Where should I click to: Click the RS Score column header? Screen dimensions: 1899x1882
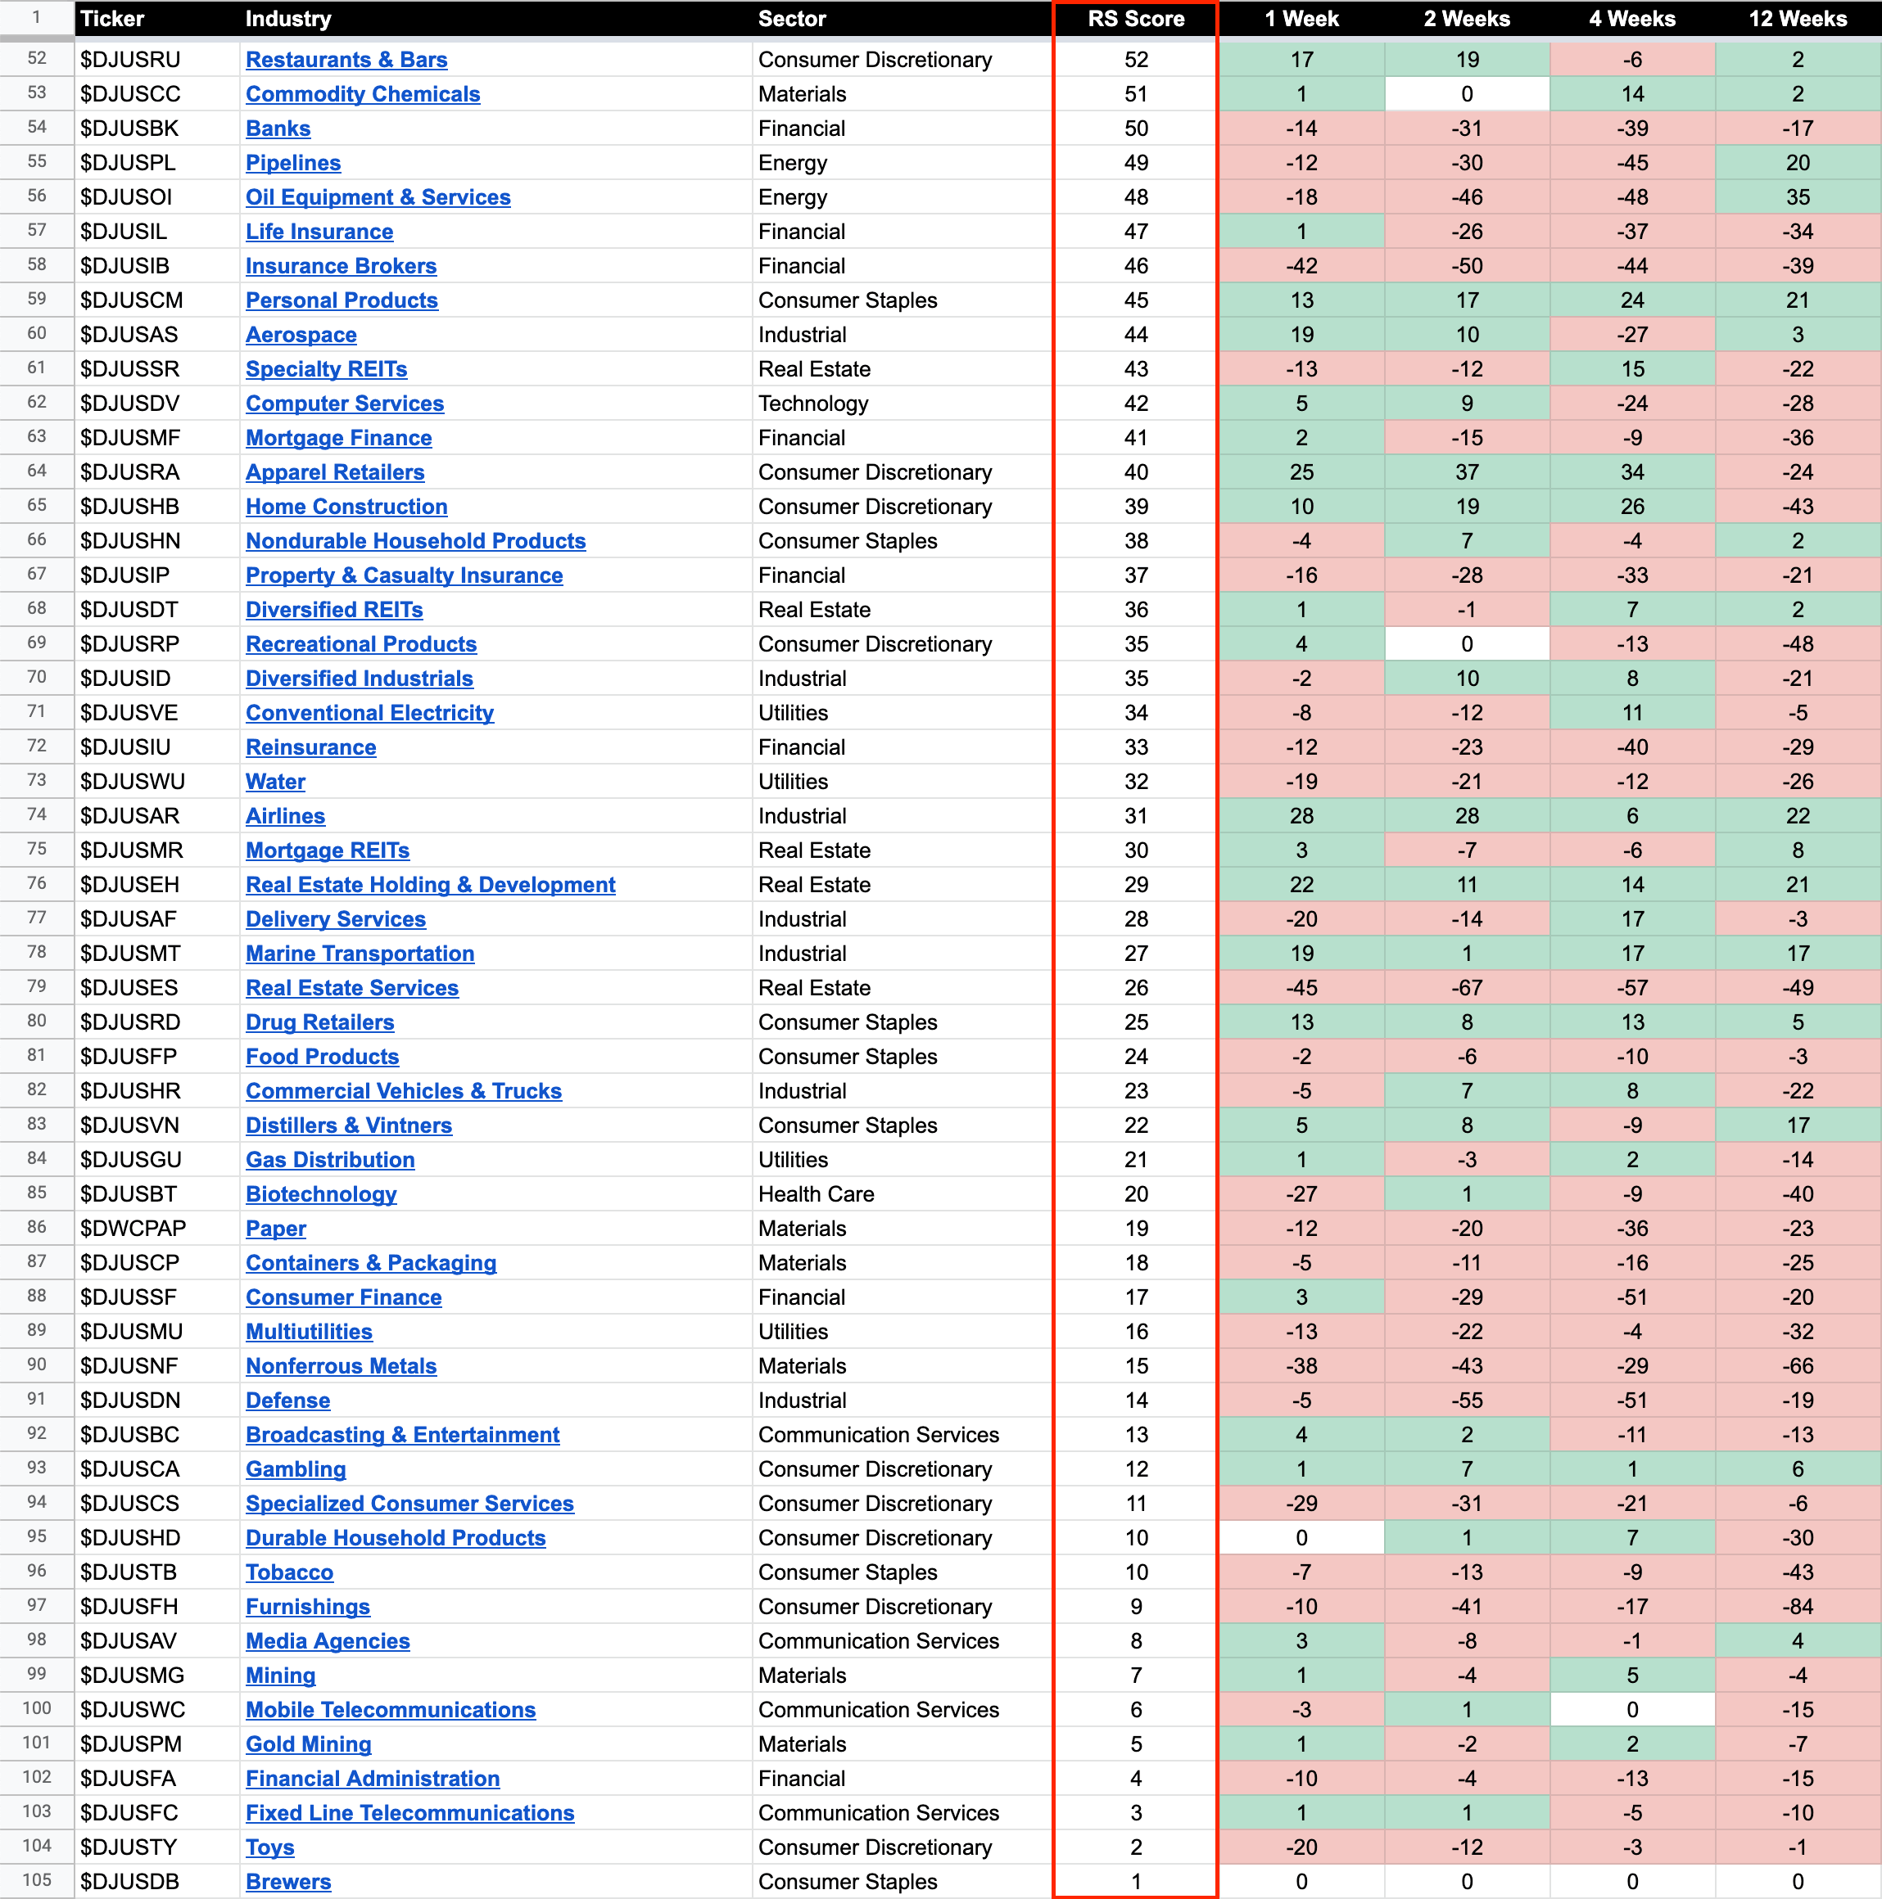pos(1136,19)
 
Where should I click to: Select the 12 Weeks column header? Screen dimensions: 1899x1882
pos(1798,19)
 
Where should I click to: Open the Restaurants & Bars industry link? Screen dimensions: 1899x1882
pos(346,60)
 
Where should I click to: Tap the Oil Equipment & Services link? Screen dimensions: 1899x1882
pos(378,197)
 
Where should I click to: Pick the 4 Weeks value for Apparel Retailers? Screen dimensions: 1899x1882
pos(1632,473)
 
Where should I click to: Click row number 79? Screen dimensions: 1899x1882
pos(36,987)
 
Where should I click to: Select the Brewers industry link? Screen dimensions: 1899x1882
pos(288,1881)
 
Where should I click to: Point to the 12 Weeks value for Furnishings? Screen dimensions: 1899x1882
pos(1798,1607)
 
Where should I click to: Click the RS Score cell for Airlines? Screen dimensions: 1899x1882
pos(1136,816)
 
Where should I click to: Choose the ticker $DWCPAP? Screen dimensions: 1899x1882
pos(133,1229)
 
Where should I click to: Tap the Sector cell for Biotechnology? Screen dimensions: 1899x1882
pos(817,1194)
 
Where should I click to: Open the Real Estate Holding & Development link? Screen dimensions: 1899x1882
pos(430,885)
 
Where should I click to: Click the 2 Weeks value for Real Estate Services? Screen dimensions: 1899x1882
pos(1467,988)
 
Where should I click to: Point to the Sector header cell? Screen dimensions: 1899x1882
pos(792,19)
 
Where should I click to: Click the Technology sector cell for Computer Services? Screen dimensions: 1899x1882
pos(813,404)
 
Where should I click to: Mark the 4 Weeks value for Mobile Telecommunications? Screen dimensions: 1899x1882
pos(1632,1710)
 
